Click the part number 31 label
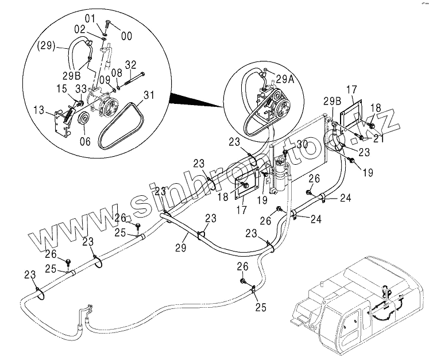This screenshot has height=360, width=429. click(x=149, y=95)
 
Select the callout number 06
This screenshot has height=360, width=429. click(x=85, y=141)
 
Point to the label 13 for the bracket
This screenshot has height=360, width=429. click(x=39, y=110)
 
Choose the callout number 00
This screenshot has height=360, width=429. click(x=126, y=36)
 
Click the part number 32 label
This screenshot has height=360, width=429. click(x=130, y=65)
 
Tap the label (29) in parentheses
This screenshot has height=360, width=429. click(x=47, y=45)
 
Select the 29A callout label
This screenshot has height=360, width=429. click(x=285, y=79)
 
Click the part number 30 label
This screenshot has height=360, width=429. click(x=302, y=144)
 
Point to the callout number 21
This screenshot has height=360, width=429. click(x=378, y=138)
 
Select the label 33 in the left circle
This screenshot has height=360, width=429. click(x=81, y=89)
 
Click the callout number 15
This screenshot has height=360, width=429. click(x=62, y=88)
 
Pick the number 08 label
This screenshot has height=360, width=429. click(x=117, y=73)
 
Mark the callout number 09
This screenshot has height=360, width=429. click(x=105, y=80)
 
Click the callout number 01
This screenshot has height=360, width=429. click(x=90, y=19)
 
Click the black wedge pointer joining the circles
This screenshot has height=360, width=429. click(x=197, y=100)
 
